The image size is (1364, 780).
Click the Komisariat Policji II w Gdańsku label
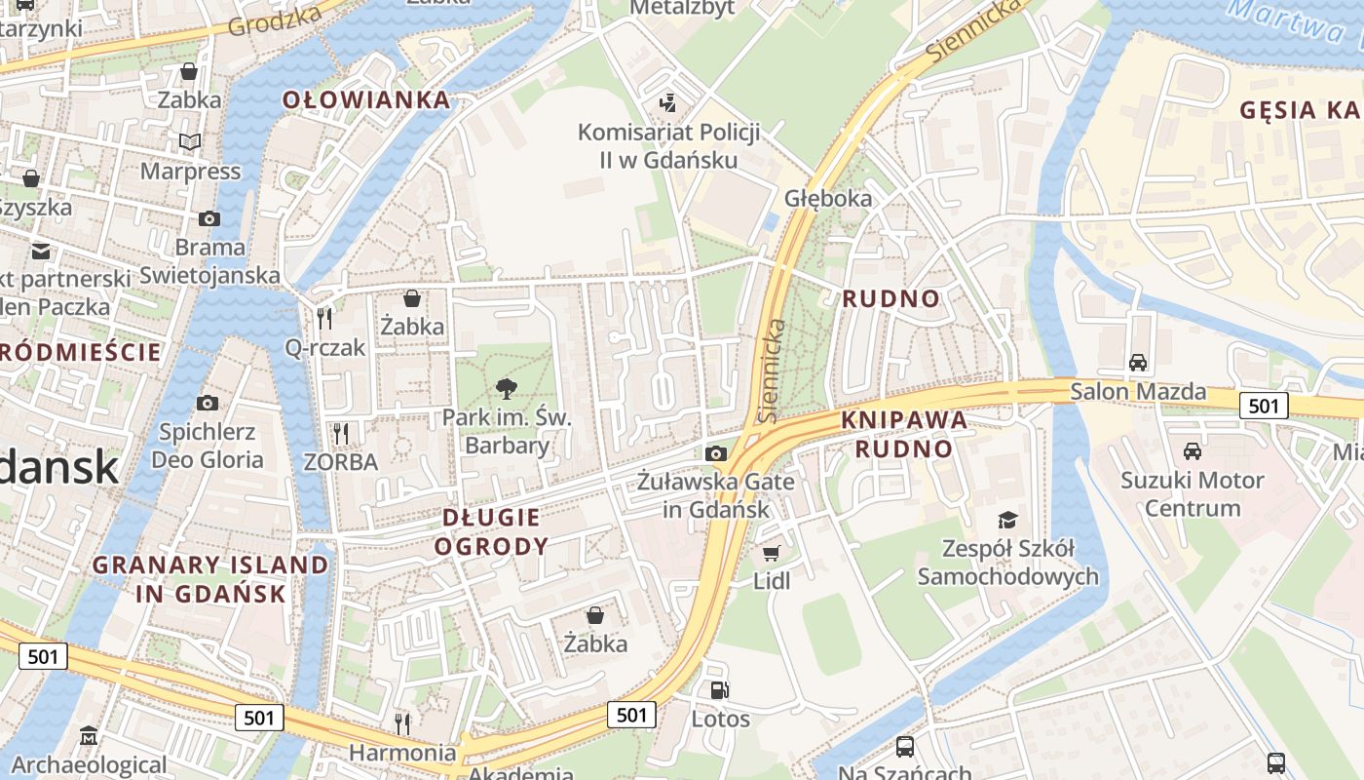tap(668, 145)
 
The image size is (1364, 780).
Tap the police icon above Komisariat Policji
tap(668, 101)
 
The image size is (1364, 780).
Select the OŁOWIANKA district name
tap(366, 99)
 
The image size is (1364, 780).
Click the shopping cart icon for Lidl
tap(771, 554)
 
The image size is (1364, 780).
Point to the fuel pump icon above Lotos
tap(719, 690)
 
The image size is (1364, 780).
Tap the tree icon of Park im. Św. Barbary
tap(506, 389)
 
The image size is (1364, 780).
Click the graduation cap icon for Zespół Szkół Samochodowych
tap(1007, 520)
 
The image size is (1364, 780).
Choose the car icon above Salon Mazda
tap(1137, 363)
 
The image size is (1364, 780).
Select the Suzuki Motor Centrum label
tap(1193, 493)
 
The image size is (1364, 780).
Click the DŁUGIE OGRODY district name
tap(491, 531)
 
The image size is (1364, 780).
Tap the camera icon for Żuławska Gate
tap(716, 453)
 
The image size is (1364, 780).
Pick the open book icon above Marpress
tap(190, 142)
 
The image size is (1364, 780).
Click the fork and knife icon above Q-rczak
tap(324, 318)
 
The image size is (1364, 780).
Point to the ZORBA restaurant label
tap(340, 461)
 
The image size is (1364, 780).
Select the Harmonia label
tap(402, 753)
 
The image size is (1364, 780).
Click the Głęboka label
tap(828, 198)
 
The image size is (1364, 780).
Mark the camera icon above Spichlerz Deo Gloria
tap(207, 403)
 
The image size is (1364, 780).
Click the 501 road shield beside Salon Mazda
tap(1264, 406)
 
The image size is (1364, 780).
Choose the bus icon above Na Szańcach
tap(905, 747)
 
